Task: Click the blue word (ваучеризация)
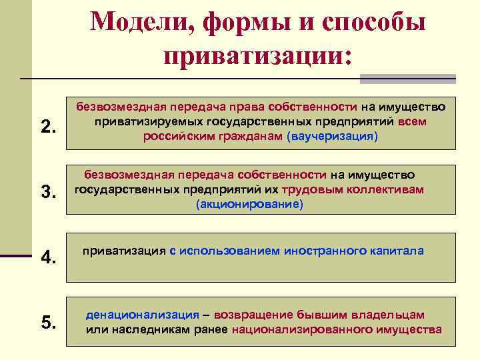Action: [x=332, y=136]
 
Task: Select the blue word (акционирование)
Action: [x=249, y=205]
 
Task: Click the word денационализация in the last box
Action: [x=143, y=314]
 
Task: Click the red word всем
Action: [x=413, y=121]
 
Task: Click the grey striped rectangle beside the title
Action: [x=407, y=78]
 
